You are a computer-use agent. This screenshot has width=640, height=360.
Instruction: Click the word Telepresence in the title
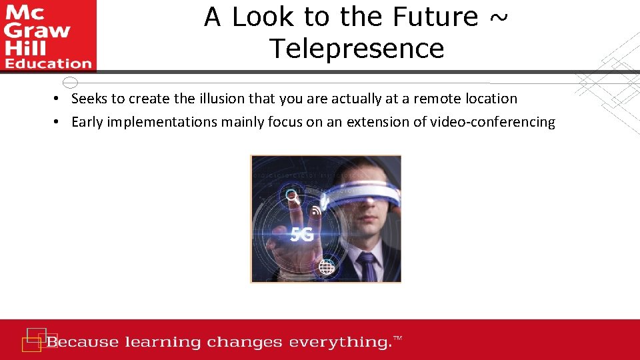tap(357, 48)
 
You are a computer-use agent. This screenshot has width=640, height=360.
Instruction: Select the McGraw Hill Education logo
tap(48, 35)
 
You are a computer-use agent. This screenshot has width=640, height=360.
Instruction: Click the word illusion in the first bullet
tap(222, 99)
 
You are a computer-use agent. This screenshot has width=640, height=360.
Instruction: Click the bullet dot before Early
tap(58, 122)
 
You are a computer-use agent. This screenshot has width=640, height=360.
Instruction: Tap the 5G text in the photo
tap(302, 234)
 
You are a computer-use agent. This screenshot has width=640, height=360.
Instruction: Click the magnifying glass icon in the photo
tap(292, 197)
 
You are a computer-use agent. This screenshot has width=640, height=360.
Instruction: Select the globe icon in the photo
tap(326, 267)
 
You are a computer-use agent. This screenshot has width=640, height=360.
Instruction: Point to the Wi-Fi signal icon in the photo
tap(316, 211)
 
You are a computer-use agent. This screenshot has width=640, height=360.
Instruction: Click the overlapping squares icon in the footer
tap(35, 339)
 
